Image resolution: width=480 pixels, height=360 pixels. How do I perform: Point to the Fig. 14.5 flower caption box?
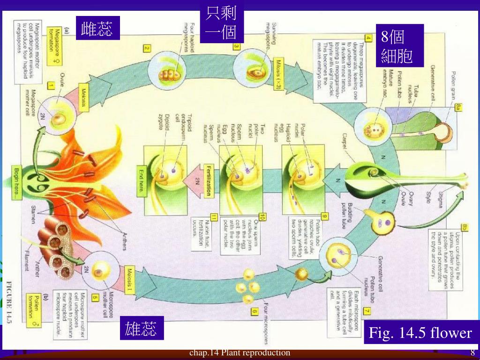click(420, 333)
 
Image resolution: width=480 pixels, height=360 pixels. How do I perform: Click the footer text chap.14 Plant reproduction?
click(240, 353)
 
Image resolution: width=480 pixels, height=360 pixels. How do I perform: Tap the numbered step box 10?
click(262, 217)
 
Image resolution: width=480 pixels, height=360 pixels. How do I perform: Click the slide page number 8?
click(472, 353)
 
